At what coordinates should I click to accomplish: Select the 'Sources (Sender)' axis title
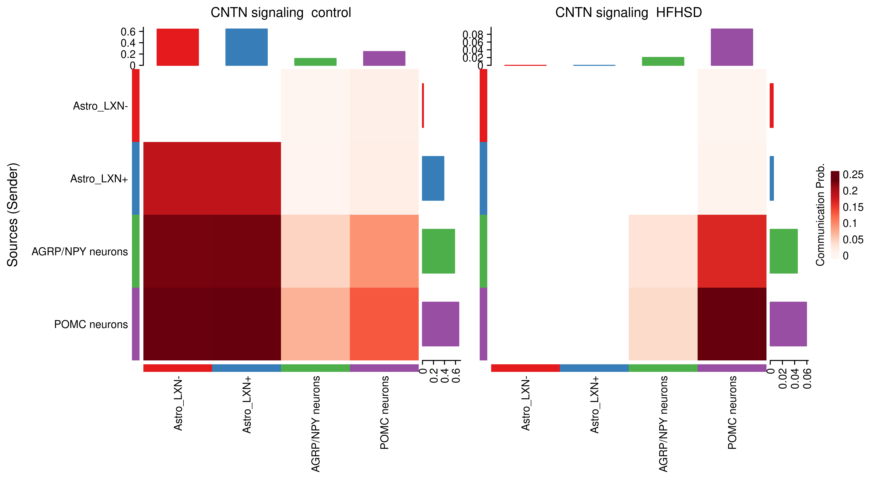point(13,215)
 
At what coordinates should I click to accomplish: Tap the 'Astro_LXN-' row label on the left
point(100,106)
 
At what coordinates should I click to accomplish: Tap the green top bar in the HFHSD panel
point(663,61)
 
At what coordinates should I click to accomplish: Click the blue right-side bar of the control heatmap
point(433,178)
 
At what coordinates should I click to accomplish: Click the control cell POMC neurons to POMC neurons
point(384,324)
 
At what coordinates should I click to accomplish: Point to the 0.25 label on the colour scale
point(853,175)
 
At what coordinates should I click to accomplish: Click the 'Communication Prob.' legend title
point(820,215)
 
